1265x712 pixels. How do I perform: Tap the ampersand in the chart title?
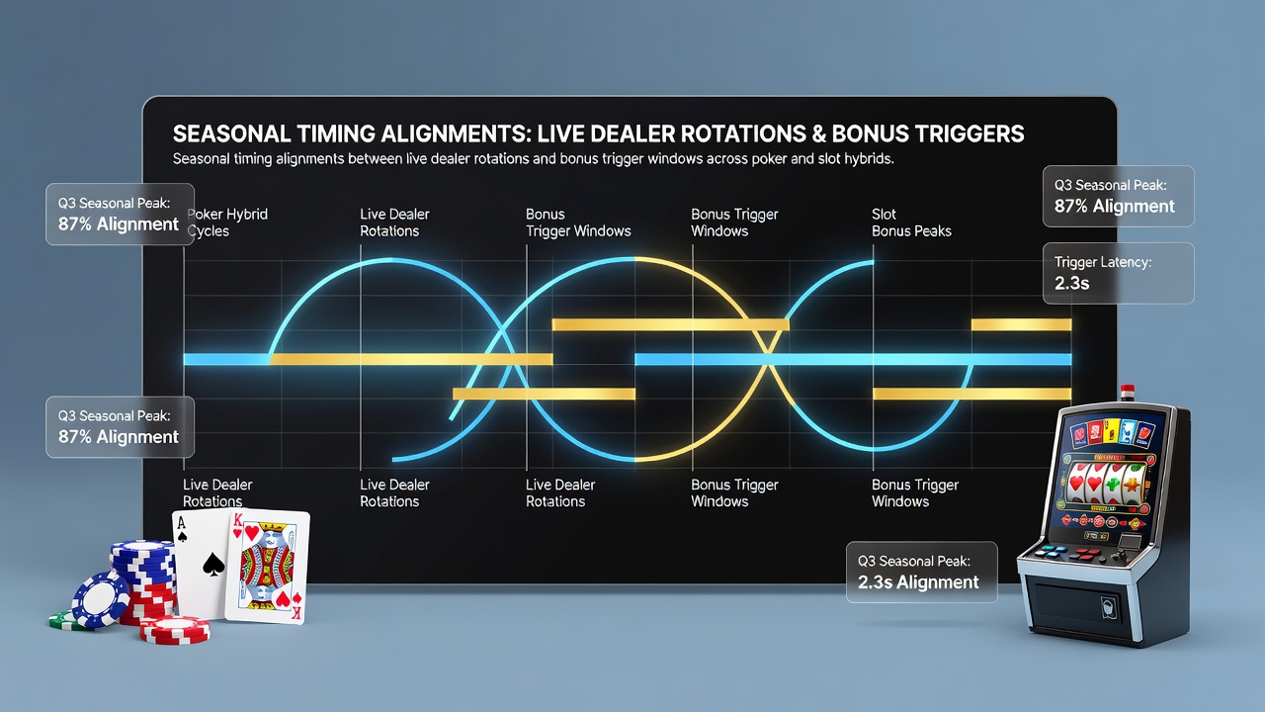click(819, 133)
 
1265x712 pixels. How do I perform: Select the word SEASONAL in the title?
click(231, 133)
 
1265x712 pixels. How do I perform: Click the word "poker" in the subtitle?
click(769, 159)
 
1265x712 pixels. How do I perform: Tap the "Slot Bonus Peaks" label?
click(911, 222)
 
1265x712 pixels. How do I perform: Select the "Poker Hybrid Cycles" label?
click(227, 222)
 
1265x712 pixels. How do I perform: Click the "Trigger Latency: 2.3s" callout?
click(1118, 274)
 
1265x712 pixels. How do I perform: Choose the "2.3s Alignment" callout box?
click(922, 572)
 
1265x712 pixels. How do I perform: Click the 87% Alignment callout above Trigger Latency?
click(1118, 196)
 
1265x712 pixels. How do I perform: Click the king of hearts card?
click(267, 567)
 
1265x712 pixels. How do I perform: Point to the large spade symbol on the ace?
click(213, 564)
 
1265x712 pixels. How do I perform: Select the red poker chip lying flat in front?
click(175, 630)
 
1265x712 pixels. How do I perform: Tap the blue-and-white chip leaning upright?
click(101, 600)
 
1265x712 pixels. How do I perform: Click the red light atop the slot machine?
click(1128, 390)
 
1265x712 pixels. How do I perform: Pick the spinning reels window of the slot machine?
click(1105, 485)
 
